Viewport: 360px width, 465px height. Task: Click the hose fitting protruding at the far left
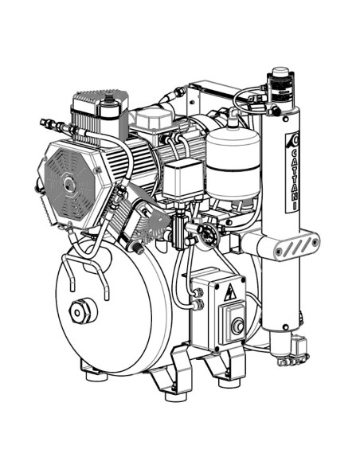point(49,124)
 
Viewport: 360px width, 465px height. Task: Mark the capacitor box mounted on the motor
point(182,177)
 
